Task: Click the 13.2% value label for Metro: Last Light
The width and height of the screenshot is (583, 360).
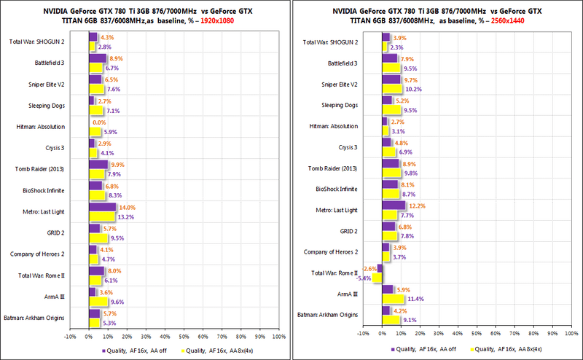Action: [x=126, y=216]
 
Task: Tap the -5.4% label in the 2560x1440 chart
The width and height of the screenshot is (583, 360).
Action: [x=363, y=278]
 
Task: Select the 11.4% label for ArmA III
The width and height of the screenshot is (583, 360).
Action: [x=415, y=299]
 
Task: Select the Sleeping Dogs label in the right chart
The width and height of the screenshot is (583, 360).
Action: [x=340, y=106]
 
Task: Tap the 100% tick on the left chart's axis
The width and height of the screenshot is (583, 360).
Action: [x=278, y=336]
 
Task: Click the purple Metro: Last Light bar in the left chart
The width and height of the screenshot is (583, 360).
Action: [x=101, y=208]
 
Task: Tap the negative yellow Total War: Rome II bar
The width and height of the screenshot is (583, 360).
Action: [x=377, y=278]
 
